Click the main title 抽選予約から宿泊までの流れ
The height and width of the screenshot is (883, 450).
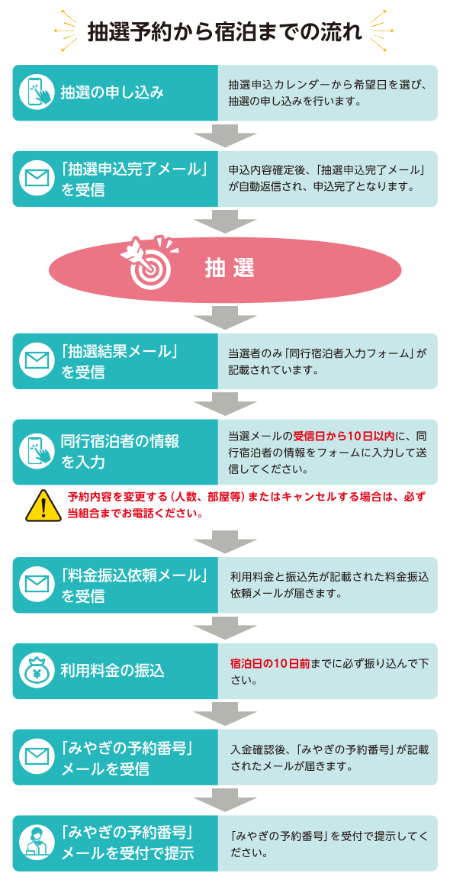click(x=225, y=32)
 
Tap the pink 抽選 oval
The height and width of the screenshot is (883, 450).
click(x=225, y=269)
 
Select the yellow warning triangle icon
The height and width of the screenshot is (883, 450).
click(x=43, y=505)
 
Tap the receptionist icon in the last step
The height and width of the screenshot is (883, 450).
click(x=37, y=843)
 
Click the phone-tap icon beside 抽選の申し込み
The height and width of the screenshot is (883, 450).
click(x=37, y=92)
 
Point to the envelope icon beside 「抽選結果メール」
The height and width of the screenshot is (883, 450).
click(x=37, y=361)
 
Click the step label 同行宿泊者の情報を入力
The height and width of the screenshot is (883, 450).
click(x=120, y=452)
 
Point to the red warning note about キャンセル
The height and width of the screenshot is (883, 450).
click(x=246, y=505)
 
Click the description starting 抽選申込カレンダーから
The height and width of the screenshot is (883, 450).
click(x=329, y=93)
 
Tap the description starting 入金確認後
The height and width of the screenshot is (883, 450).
click(x=329, y=758)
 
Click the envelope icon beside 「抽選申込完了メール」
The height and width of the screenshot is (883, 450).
click(x=37, y=179)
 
